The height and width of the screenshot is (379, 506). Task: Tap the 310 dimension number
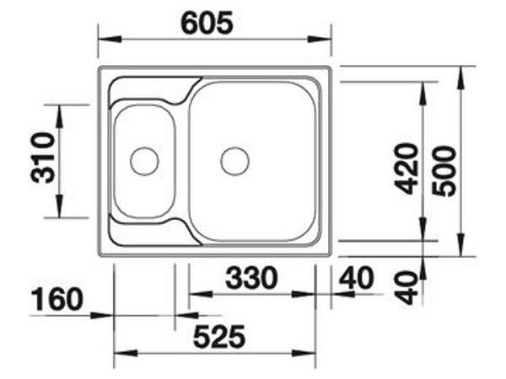[43, 157]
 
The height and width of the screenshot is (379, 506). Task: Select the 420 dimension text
[406, 169]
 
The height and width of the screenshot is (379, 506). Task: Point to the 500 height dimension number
[444, 171]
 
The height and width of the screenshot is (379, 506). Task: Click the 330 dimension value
[251, 278]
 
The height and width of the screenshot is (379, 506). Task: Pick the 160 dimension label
[57, 299]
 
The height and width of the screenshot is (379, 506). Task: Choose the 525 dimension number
[219, 337]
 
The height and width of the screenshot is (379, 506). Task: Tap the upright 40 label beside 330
[357, 278]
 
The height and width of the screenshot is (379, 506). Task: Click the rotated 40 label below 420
[406, 288]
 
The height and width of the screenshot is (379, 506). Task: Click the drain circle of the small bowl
[144, 161]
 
